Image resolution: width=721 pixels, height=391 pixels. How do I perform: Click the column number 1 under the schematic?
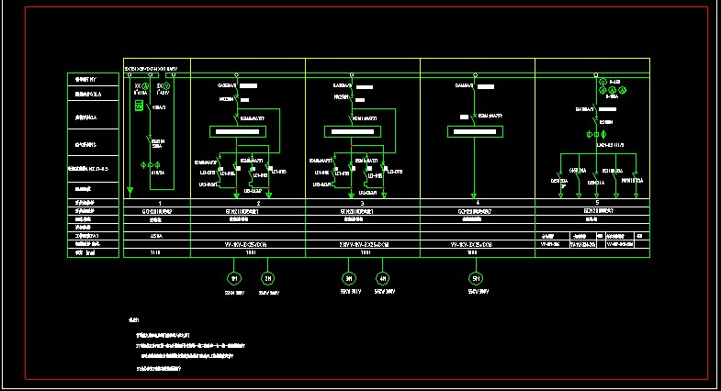click(160, 202)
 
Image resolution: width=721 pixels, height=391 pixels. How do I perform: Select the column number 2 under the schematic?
click(260, 202)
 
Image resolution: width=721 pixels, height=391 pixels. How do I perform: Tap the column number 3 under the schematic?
click(365, 202)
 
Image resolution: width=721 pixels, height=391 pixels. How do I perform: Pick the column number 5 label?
click(597, 202)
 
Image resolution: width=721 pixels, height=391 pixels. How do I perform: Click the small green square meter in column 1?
click(140, 106)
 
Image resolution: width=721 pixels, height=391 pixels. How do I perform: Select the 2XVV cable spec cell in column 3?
click(365, 245)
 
